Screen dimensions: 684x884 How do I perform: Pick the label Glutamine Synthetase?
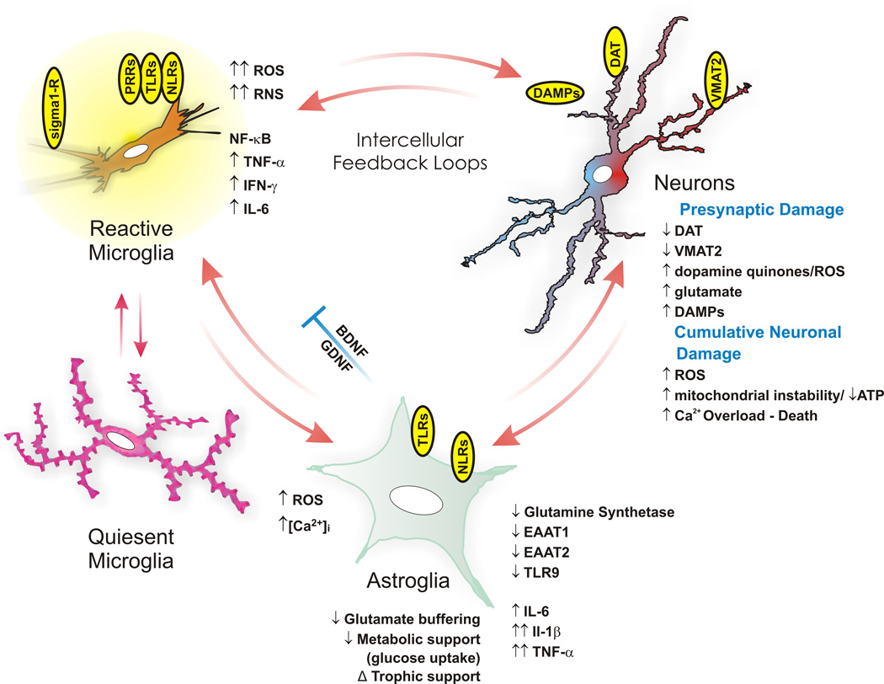coord(586,511)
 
